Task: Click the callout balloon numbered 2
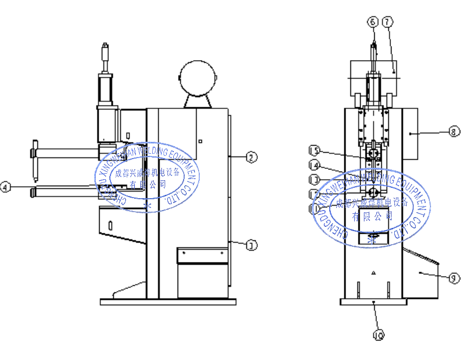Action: [251, 158]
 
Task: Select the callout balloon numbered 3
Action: [251, 245]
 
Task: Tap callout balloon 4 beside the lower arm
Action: [5, 187]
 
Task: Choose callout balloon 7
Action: [387, 22]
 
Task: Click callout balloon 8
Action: [454, 130]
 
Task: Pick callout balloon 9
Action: [454, 278]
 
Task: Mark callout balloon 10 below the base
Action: [379, 336]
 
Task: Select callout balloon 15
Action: [314, 150]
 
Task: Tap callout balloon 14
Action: [314, 165]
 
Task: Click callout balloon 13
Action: [314, 179]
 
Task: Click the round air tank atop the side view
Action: [198, 77]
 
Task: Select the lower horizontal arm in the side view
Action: [65, 191]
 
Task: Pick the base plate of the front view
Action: [373, 301]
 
